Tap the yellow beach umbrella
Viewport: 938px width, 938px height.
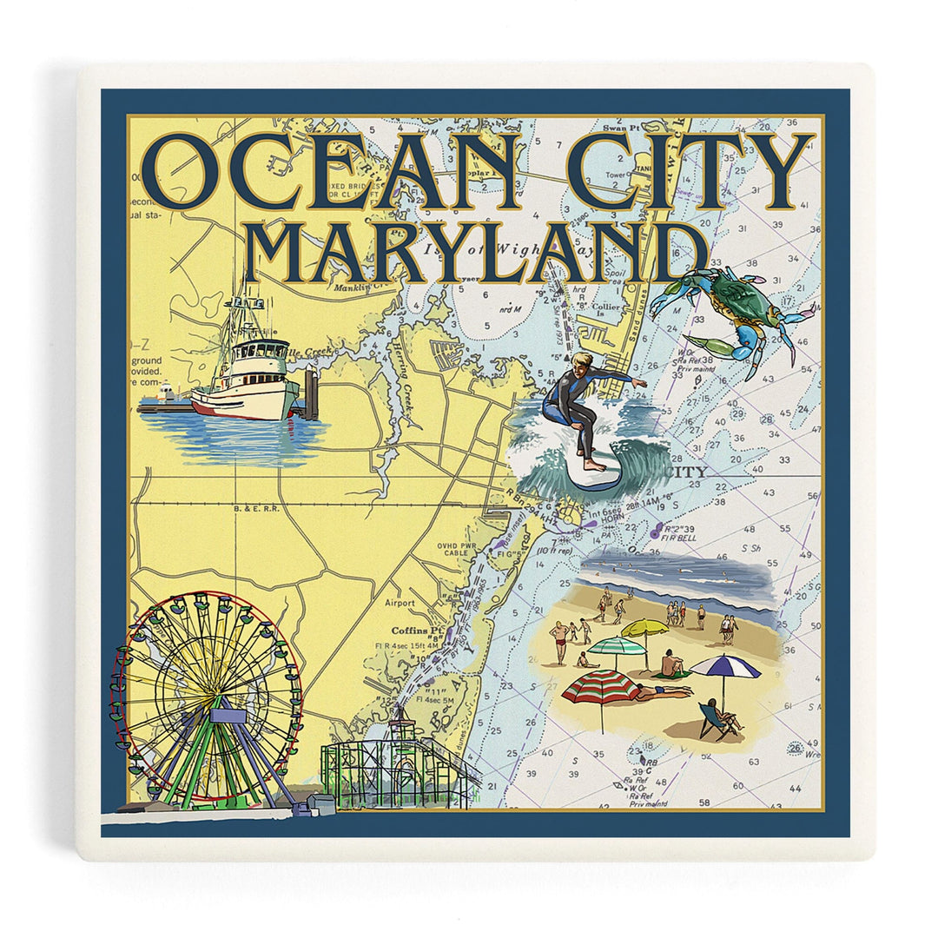coord(645,628)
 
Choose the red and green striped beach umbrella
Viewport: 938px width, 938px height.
coord(601,687)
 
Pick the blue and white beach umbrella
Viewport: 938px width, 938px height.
coord(725,668)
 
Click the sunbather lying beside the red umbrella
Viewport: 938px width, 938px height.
coord(663,692)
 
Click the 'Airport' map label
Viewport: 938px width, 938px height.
coord(400,602)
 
